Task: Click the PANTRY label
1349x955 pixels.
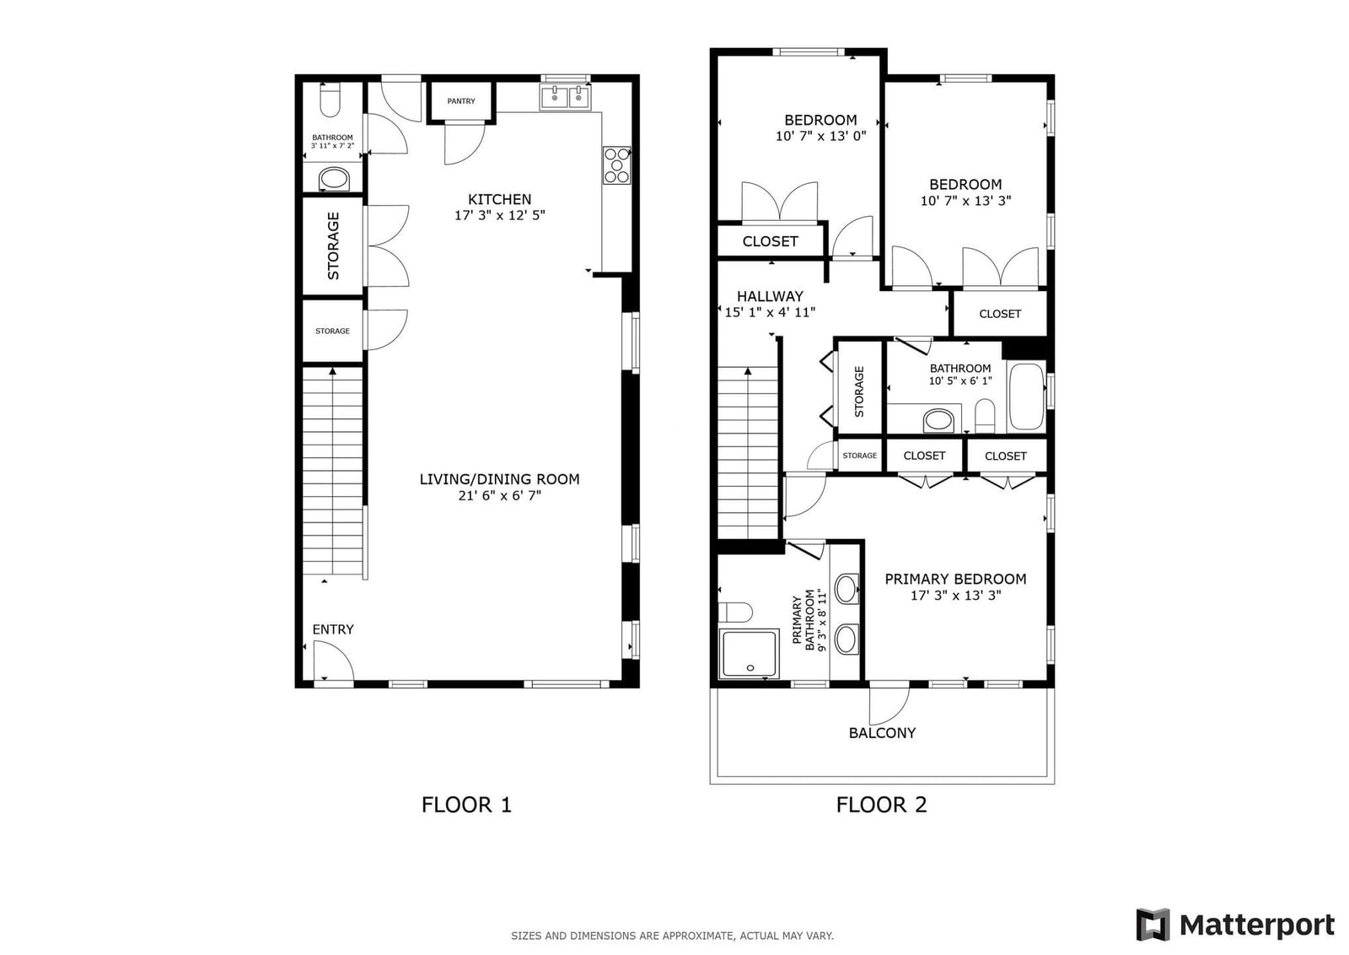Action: coord(460,101)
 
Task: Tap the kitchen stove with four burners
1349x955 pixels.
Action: coord(616,165)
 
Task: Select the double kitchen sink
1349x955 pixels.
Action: coord(566,97)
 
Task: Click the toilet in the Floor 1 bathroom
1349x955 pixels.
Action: coord(330,100)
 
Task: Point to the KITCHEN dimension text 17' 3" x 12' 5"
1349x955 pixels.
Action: coord(500,215)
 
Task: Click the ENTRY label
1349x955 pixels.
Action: coord(333,629)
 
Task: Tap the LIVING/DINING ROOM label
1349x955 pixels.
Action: coord(500,479)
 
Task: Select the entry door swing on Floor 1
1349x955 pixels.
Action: coord(334,661)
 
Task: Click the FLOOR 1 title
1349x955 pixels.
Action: coord(467,805)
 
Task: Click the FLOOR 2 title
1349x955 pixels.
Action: coord(882,805)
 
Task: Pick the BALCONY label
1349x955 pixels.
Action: coord(882,733)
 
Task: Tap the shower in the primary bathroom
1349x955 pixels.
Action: coord(749,654)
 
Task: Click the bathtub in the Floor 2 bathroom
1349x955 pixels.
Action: coord(1026,396)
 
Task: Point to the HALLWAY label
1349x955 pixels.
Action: coord(771,296)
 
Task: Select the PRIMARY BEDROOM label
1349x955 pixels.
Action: coord(956,579)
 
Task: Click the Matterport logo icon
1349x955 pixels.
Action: coord(1153,925)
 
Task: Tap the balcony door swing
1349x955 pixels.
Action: coord(889,705)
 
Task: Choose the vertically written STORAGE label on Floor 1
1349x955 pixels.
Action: coord(333,245)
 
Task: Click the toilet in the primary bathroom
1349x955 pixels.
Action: coord(735,612)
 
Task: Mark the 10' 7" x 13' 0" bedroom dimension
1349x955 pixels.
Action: coord(821,136)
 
